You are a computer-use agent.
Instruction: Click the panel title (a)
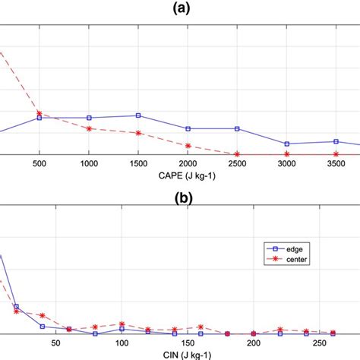tap(180, 8)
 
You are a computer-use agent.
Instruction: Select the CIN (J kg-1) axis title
tap(180, 353)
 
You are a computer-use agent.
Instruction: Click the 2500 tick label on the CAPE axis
tap(237, 164)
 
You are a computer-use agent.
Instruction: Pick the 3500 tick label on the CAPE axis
tap(336, 164)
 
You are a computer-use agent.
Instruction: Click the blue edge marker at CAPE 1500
tap(138, 115)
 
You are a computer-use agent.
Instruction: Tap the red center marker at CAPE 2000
tap(188, 145)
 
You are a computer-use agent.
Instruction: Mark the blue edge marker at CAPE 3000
tap(286, 144)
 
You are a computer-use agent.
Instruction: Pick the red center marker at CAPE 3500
tap(336, 154)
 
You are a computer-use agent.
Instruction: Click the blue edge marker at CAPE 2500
tap(237, 128)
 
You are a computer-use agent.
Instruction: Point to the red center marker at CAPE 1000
tap(89, 128)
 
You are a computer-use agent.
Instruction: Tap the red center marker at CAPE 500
tap(39, 113)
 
